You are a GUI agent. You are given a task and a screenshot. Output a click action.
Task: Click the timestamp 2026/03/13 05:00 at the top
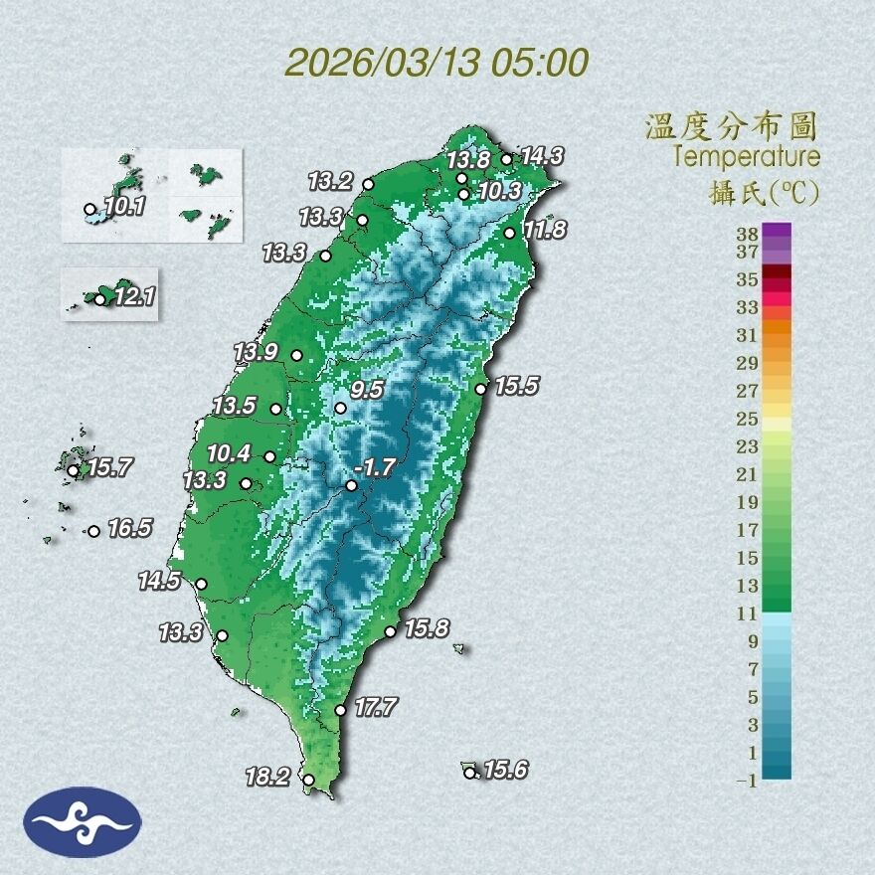[x=437, y=63]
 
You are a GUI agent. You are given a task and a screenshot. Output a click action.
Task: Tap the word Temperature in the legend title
[x=746, y=156]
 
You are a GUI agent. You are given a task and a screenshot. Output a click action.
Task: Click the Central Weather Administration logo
[x=84, y=822]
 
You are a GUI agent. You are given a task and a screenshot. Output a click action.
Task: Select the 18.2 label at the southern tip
[x=268, y=777]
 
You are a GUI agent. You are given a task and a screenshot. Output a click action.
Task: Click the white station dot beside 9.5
[x=340, y=408]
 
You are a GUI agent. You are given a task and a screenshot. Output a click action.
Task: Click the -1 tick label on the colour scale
[x=747, y=781]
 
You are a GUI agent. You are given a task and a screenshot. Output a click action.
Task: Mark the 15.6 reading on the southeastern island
[x=506, y=769]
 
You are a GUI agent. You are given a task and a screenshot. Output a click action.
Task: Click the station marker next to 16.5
[x=93, y=531]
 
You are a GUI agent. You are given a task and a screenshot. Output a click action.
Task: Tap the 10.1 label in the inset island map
[x=124, y=207]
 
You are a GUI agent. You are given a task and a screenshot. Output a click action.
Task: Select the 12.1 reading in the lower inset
[x=134, y=296]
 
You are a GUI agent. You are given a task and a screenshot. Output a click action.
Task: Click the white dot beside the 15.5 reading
[x=480, y=389]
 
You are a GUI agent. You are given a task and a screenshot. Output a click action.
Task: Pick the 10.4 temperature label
[x=229, y=453]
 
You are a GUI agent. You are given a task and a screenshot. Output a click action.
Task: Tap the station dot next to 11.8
[x=510, y=233]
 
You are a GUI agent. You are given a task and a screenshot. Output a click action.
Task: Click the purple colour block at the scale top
[x=778, y=231]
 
